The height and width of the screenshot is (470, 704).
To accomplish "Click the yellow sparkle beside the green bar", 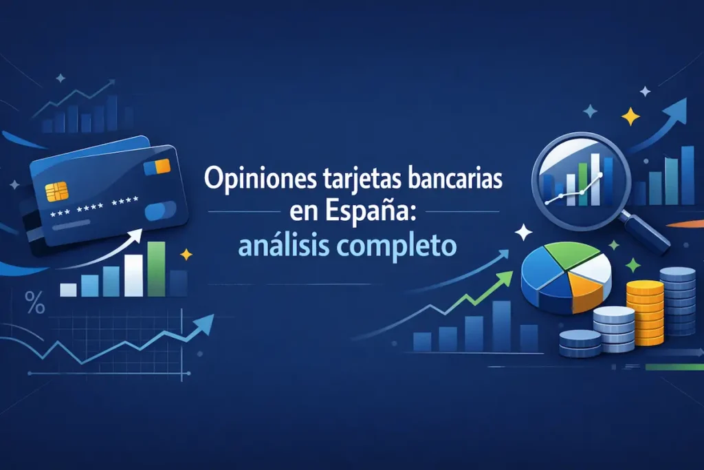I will click(x=185, y=255).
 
